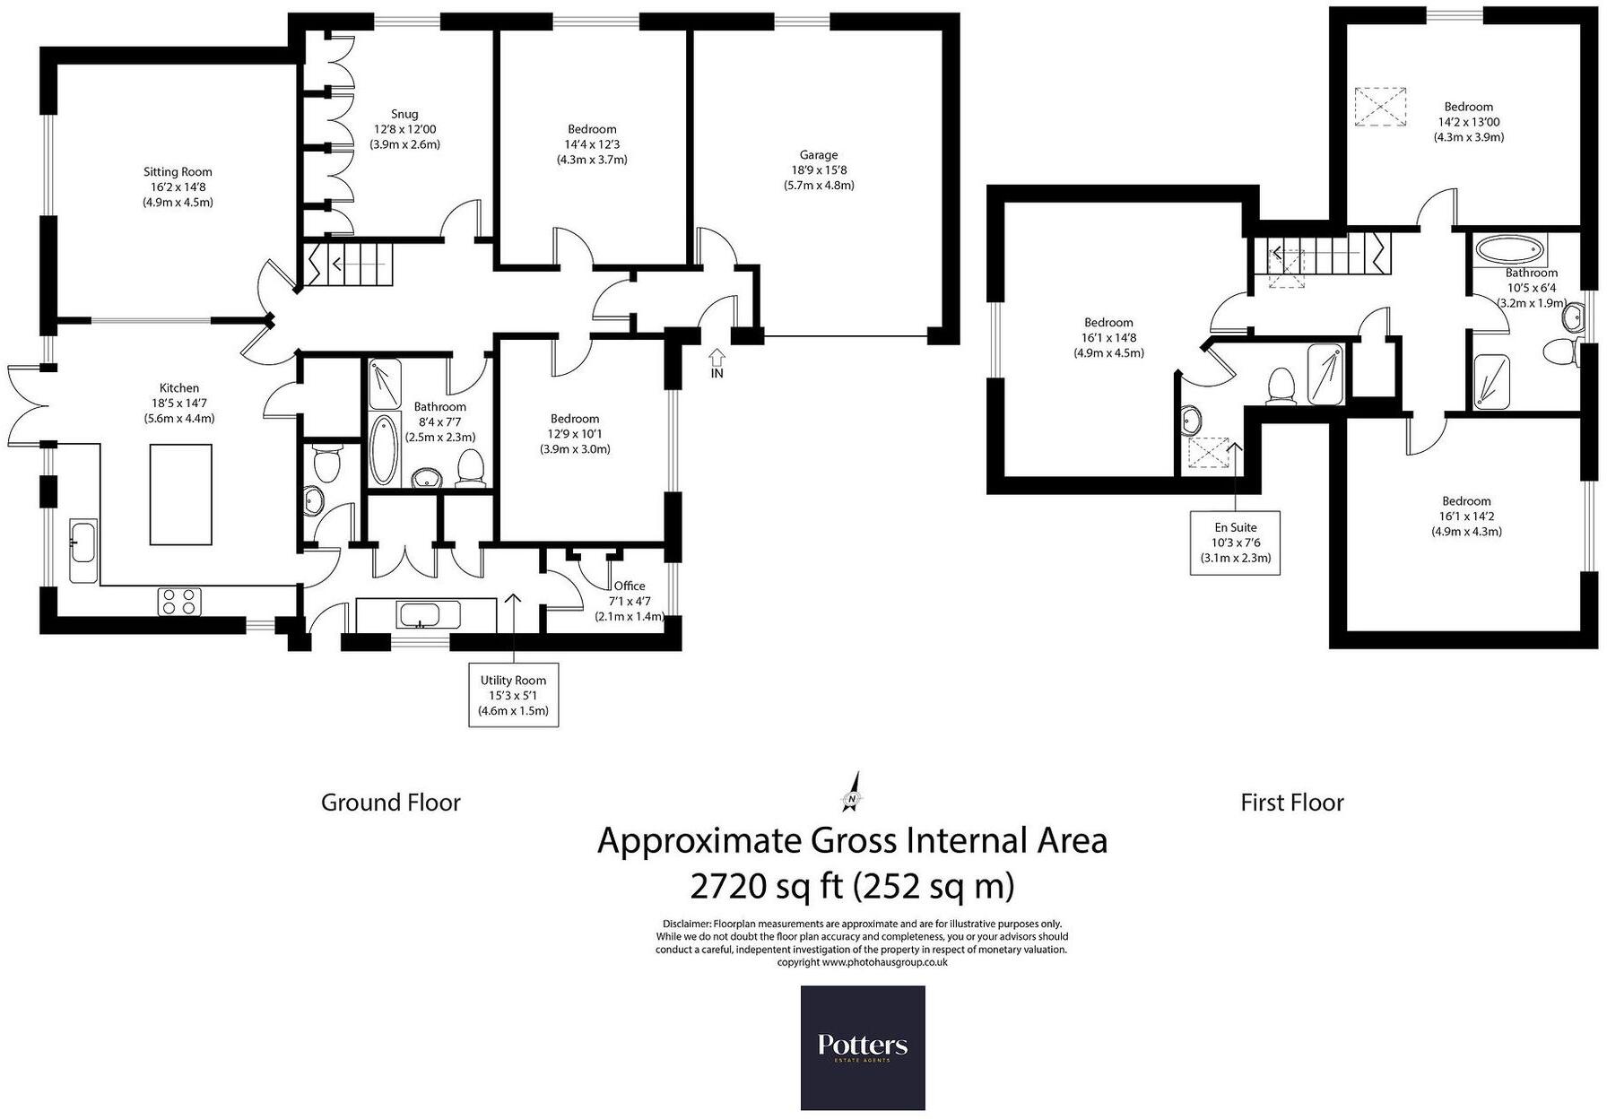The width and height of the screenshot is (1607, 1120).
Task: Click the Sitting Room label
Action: pyautogui.click(x=178, y=172)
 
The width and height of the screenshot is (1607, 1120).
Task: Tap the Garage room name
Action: pyautogui.click(x=819, y=155)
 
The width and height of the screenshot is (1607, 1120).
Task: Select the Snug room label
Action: pyautogui.click(x=404, y=114)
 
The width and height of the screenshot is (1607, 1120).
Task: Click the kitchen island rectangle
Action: pyautogui.click(x=180, y=494)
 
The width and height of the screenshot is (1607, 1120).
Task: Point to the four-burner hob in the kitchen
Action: pyautogui.click(x=179, y=601)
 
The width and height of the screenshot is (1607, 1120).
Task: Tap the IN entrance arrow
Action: pyautogui.click(x=717, y=360)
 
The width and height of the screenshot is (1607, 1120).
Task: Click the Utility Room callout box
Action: pyautogui.click(x=513, y=695)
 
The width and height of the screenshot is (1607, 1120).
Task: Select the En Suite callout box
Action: pyautogui.click(x=1236, y=543)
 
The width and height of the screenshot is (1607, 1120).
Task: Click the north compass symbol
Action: pyautogui.click(x=853, y=791)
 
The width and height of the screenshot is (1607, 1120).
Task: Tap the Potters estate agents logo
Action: pyautogui.click(x=862, y=1047)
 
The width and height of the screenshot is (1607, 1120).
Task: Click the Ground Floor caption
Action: pyautogui.click(x=390, y=803)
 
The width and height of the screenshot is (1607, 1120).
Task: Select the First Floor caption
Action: pyautogui.click(x=1291, y=803)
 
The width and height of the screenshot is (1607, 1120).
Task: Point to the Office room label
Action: pyautogui.click(x=630, y=586)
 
